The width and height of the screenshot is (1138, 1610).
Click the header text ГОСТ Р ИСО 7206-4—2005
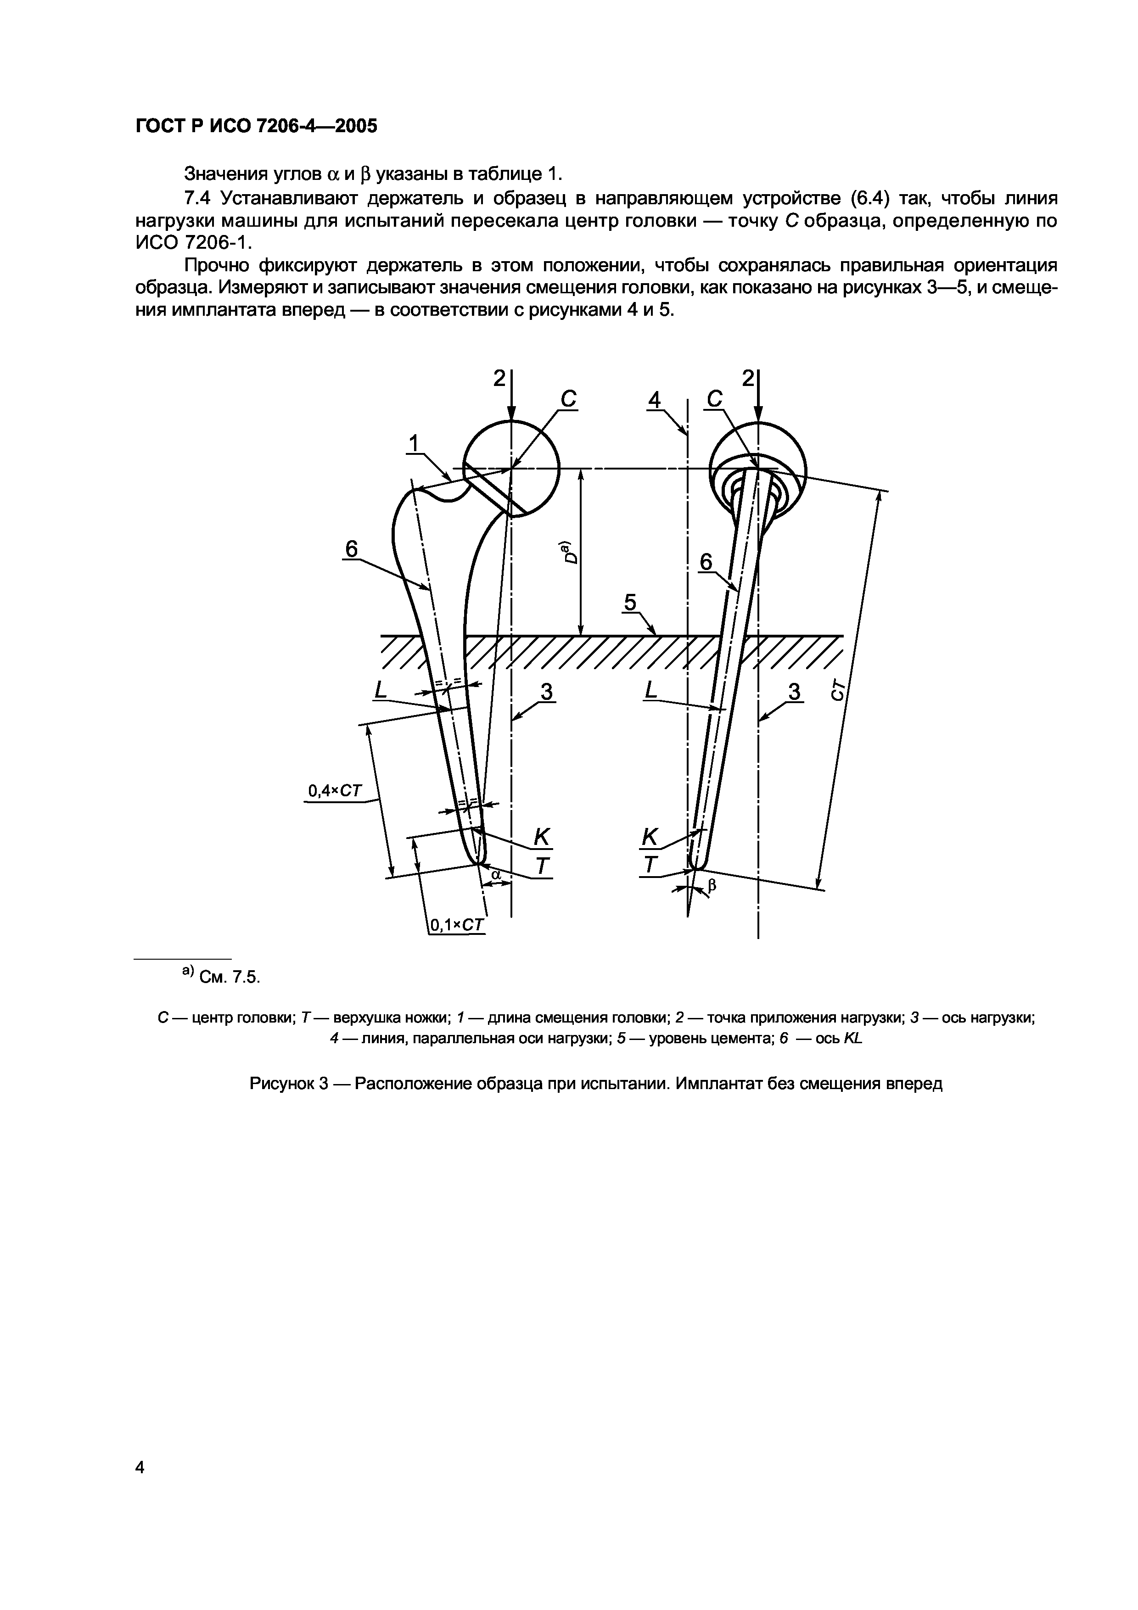pyautogui.click(x=256, y=126)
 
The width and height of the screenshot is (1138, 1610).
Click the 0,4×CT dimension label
pyautogui.click(x=335, y=791)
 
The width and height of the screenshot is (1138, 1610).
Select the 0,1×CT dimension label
pyautogui.click(x=456, y=925)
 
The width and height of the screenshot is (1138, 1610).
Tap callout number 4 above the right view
pyautogui.click(x=654, y=400)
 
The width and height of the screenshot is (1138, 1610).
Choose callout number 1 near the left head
pyautogui.click(x=415, y=443)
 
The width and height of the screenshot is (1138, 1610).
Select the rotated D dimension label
pyautogui.click(x=571, y=553)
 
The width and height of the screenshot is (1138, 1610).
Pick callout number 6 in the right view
pyautogui.click(x=706, y=562)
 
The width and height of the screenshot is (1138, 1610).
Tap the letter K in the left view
pyautogui.click(x=542, y=836)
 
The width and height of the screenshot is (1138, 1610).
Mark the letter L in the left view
pyautogui.click(x=380, y=691)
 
